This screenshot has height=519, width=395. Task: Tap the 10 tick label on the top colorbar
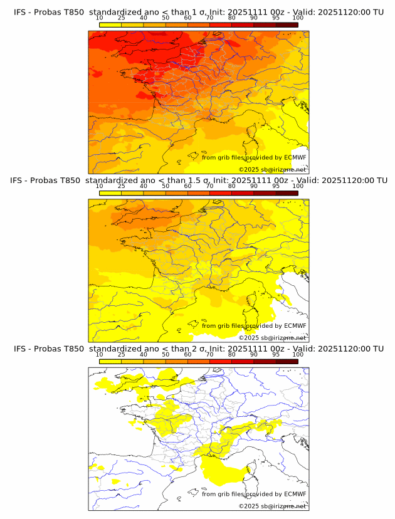(x=100, y=18)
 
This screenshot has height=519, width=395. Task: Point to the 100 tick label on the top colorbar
(x=298, y=18)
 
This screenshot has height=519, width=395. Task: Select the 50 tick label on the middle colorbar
(x=166, y=186)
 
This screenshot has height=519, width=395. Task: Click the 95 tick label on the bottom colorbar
(x=276, y=354)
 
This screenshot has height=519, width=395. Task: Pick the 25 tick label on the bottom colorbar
(x=122, y=354)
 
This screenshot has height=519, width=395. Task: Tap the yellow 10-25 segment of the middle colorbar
(x=110, y=193)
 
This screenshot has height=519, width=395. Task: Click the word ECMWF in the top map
(x=295, y=158)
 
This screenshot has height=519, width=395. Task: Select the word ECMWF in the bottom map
(x=295, y=494)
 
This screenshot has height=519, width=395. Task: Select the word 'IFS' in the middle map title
(x=20, y=181)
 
